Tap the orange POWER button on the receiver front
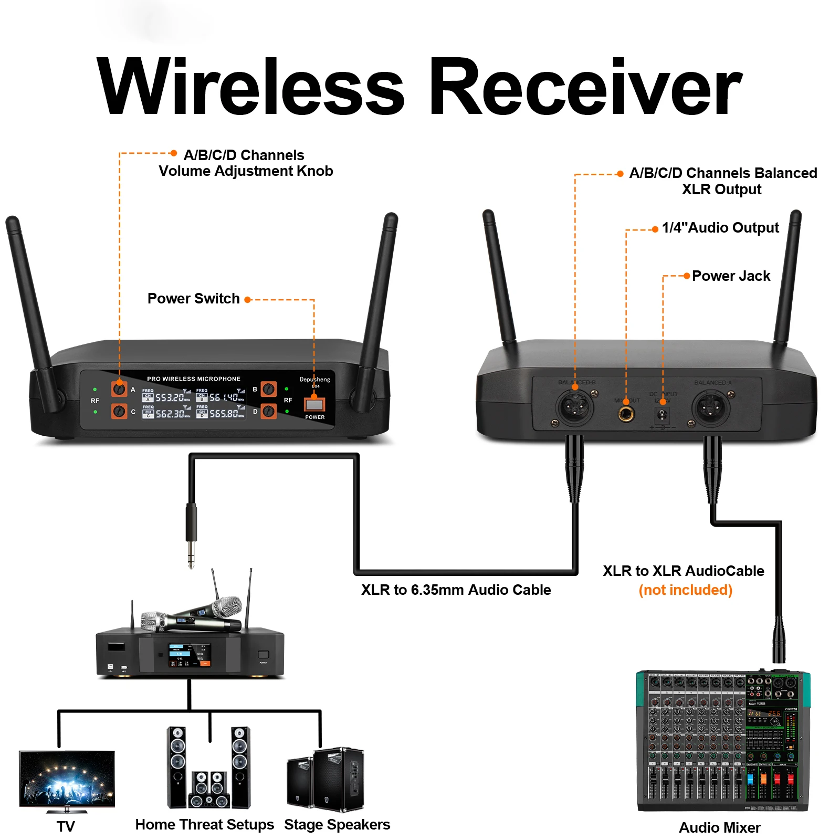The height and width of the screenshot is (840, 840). (314, 404)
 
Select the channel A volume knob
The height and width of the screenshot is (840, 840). (119, 389)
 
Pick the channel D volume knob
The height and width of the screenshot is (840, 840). (269, 411)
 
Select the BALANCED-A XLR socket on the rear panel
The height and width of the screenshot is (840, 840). (710, 408)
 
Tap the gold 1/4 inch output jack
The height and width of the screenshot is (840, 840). (626, 414)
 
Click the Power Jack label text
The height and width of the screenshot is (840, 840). (731, 276)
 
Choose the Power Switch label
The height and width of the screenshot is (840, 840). (193, 299)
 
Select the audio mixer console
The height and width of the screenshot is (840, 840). (722, 740)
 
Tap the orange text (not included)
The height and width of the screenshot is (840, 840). (685, 590)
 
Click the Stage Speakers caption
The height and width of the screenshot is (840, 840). (337, 825)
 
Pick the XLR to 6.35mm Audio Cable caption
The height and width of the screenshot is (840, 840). (456, 590)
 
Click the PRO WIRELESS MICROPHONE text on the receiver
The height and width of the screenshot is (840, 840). (194, 379)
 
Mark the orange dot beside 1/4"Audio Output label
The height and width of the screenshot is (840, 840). (655, 229)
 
